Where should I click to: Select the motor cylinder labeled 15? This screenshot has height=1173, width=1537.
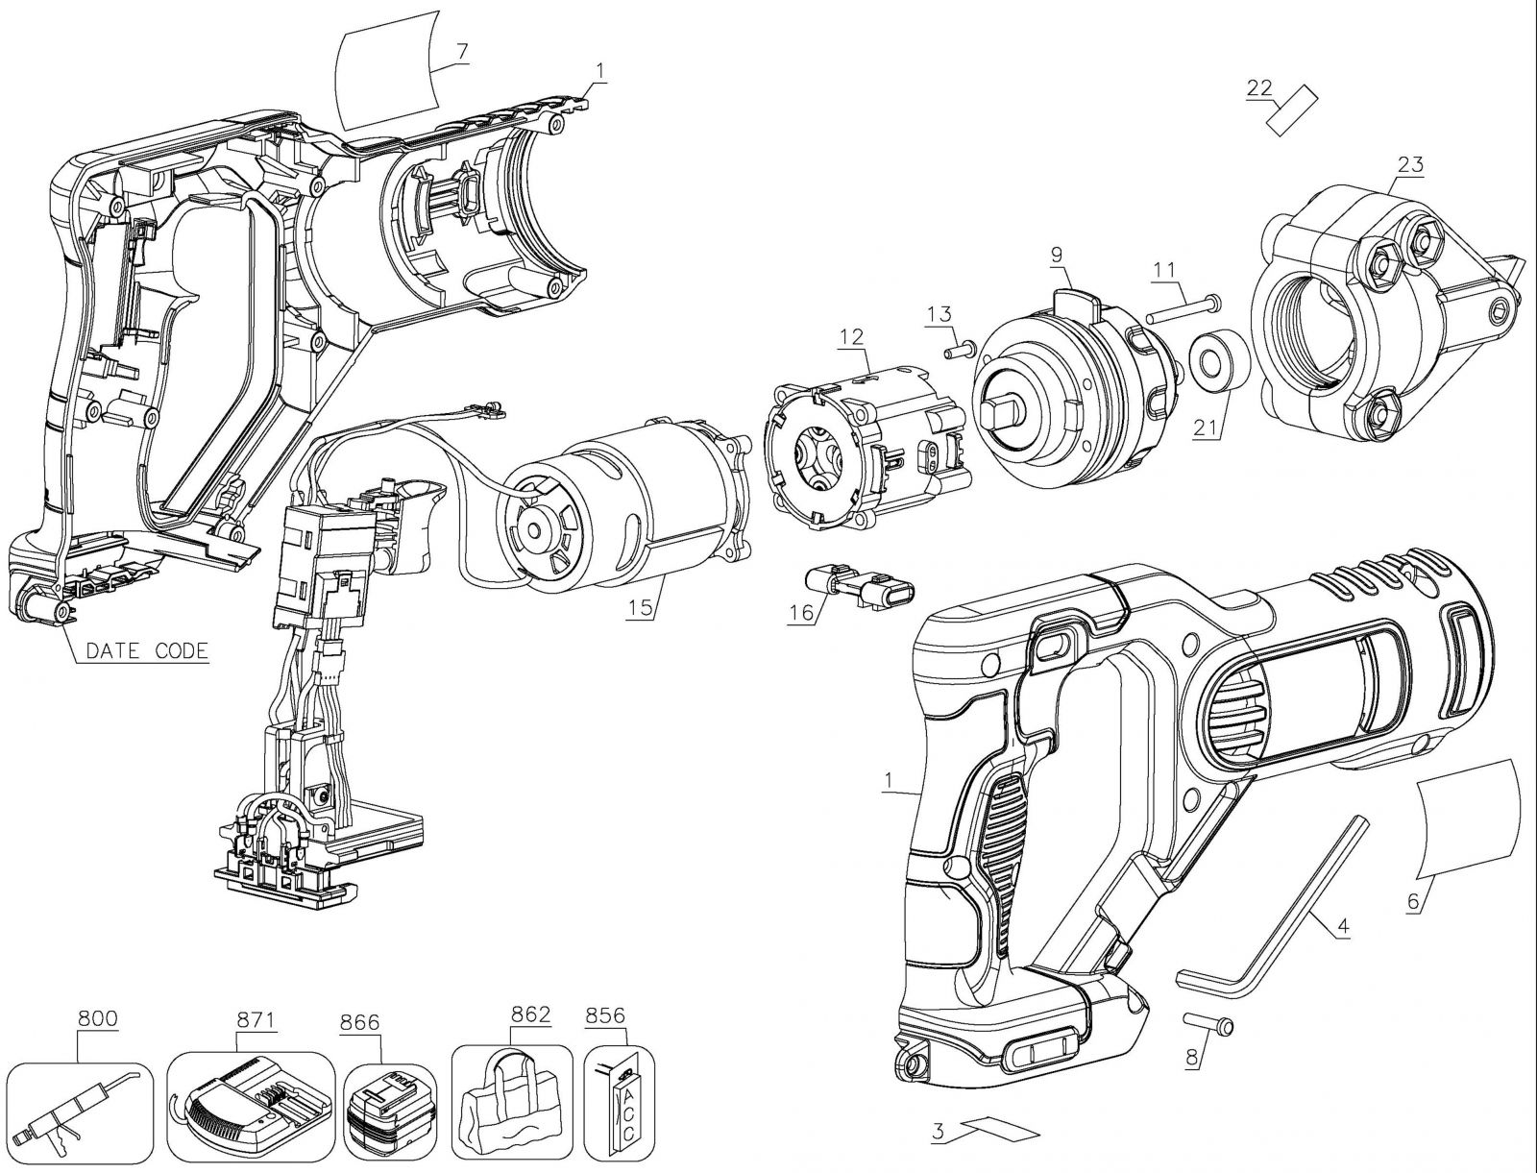624,514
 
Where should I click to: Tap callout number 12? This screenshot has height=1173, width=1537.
851,336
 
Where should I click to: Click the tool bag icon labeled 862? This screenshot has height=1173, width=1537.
511,1105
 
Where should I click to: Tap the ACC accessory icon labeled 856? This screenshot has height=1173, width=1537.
619,1105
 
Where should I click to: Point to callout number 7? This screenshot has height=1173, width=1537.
462,50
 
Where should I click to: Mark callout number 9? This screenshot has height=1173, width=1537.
1056,255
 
